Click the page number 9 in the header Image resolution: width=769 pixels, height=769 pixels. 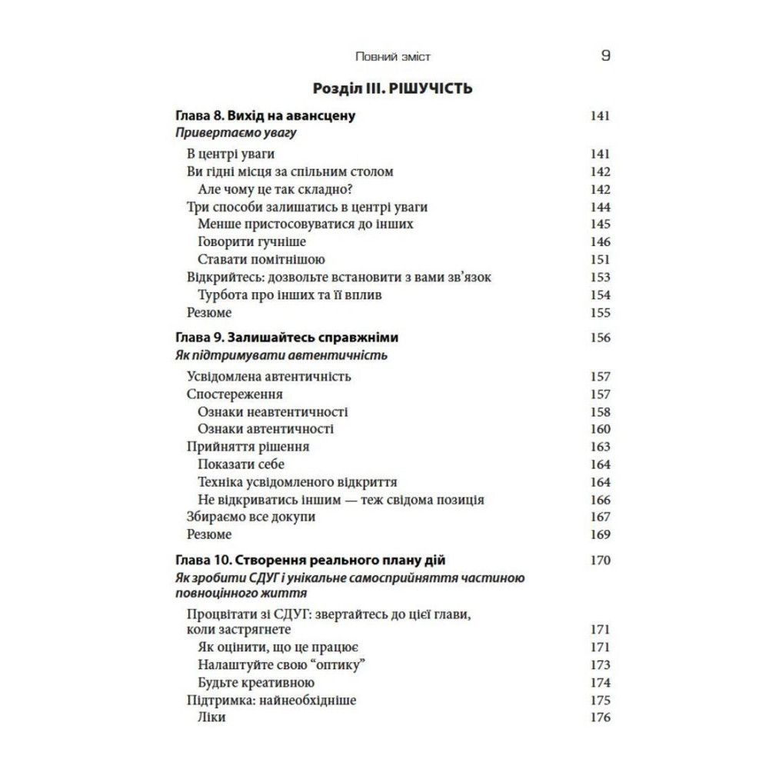pyautogui.click(x=605, y=56)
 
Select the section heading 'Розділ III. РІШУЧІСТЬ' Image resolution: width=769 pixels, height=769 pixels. pyautogui.click(x=394, y=88)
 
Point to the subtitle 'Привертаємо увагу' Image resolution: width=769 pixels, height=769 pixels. pyautogui.click(x=236, y=134)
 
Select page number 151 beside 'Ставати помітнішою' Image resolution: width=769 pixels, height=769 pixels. pyautogui.click(x=600, y=260)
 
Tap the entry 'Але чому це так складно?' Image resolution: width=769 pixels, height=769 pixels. pyautogui.click(x=279, y=189)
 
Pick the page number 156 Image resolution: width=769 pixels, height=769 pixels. pyautogui.click(x=600, y=338)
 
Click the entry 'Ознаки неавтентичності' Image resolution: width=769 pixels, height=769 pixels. pyautogui.click(x=272, y=412)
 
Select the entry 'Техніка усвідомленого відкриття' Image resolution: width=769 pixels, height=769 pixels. pyautogui.click(x=297, y=482)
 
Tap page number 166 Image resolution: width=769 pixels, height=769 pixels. pyautogui.click(x=600, y=500)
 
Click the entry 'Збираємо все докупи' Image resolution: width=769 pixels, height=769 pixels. pyautogui.click(x=251, y=518)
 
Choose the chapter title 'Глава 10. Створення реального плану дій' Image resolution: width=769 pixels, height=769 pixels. pyautogui.click(x=311, y=560)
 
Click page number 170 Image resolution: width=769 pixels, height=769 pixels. pyautogui.click(x=600, y=560)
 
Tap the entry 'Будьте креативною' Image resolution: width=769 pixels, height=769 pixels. pyautogui.click(x=256, y=682)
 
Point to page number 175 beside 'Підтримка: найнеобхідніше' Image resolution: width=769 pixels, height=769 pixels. pyautogui.click(x=600, y=700)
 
